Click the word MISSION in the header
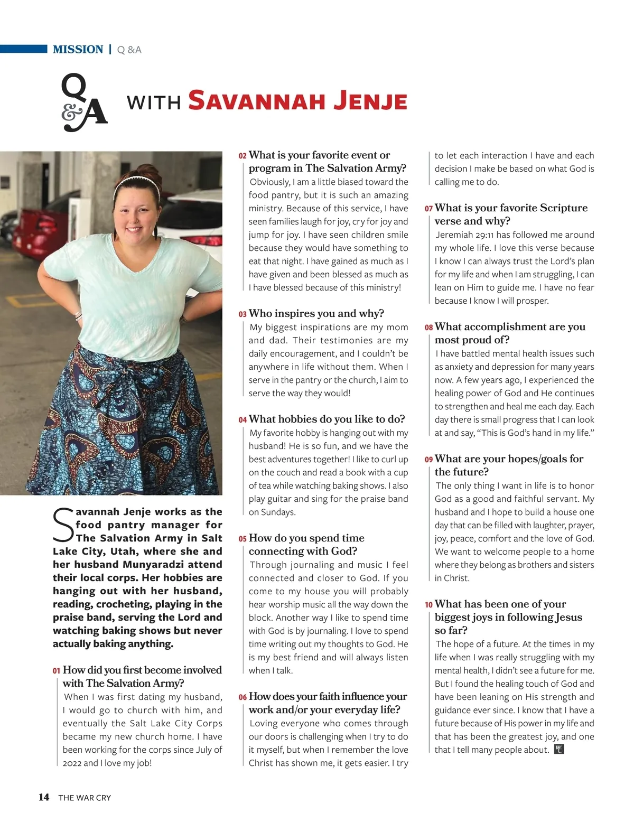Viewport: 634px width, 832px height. [x=78, y=50]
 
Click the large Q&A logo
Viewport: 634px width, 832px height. [x=84, y=102]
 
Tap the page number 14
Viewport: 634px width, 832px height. [x=44, y=797]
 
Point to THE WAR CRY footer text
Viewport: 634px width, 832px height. [x=85, y=798]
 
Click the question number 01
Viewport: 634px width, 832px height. [x=57, y=671]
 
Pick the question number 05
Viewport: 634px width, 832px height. [x=243, y=539]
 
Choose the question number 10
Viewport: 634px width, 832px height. [x=428, y=605]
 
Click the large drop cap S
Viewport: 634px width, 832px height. [x=63, y=525]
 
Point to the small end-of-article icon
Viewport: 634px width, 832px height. [x=559, y=749]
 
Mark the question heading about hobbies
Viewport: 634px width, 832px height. [x=327, y=419]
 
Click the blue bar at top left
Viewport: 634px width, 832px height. [x=23, y=49]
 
